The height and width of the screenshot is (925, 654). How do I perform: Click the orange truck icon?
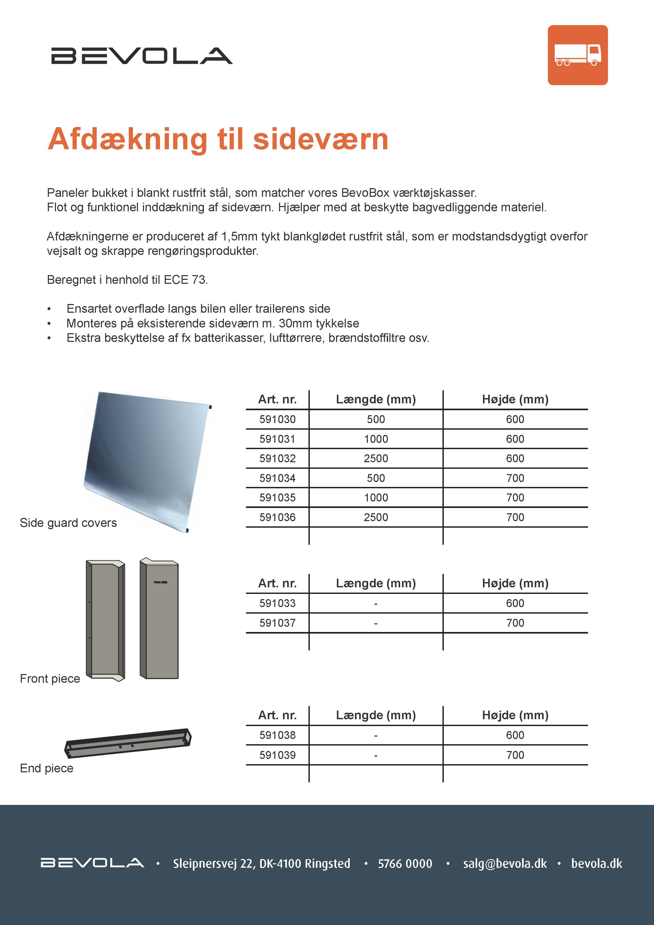(x=578, y=55)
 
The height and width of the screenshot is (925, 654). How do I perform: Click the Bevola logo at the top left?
(x=142, y=56)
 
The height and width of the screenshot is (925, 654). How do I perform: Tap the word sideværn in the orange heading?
(x=321, y=139)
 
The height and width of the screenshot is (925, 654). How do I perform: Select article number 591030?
(x=277, y=419)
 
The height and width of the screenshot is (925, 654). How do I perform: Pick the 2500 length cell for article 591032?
(x=376, y=459)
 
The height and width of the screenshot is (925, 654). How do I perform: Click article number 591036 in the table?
(x=277, y=517)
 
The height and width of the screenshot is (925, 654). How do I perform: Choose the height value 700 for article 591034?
(x=515, y=478)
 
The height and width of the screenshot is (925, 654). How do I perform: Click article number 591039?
(x=277, y=755)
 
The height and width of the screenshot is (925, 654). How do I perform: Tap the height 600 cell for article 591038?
(x=515, y=735)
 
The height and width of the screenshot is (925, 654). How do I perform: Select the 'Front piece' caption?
(x=50, y=679)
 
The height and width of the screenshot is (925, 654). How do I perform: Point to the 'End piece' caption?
(x=47, y=768)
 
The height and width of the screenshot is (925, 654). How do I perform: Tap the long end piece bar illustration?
(x=128, y=743)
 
